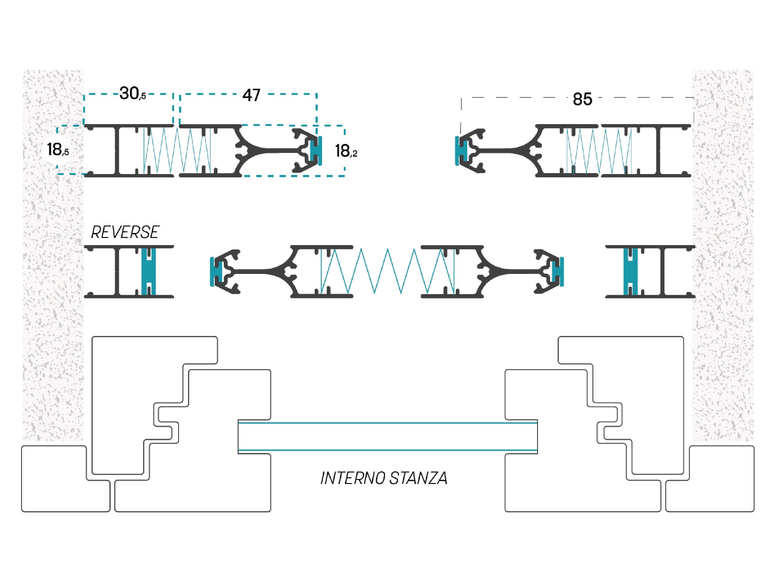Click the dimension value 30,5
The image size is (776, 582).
pyautogui.click(x=132, y=94)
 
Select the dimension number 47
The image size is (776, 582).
pyautogui.click(x=251, y=95)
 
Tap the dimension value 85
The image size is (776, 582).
pyautogui.click(x=582, y=99)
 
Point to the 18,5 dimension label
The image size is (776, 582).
pyautogui.click(x=58, y=150)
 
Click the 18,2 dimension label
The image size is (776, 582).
pyautogui.click(x=346, y=151)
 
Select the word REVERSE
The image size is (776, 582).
pyautogui.click(x=125, y=232)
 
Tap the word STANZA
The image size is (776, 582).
pyautogui.click(x=418, y=478)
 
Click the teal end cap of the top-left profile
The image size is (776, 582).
pyautogui.click(x=316, y=150)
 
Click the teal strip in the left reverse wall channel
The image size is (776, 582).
pyautogui.click(x=148, y=271)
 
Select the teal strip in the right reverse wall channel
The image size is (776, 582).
pyautogui.click(x=630, y=271)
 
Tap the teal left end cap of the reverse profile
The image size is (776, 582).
pyautogui.click(x=215, y=271)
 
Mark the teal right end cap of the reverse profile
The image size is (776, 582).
pyautogui.click(x=558, y=271)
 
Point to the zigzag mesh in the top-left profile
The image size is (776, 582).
pyautogui.click(x=177, y=150)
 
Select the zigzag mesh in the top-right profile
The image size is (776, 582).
pyautogui.click(x=599, y=150)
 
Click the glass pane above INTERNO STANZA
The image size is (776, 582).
pyautogui.click(x=388, y=437)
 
